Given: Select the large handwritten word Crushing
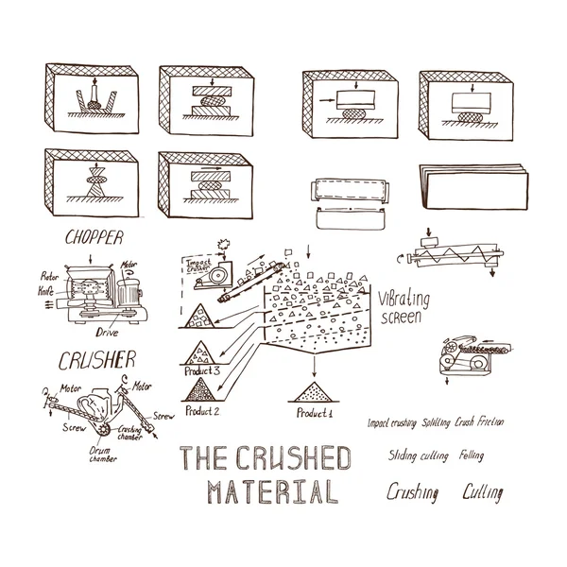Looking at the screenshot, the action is tap(413, 492).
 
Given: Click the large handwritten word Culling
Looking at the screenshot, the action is tap(482, 492).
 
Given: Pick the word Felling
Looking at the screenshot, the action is tap(471, 456).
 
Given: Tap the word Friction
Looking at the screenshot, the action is tap(488, 421).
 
